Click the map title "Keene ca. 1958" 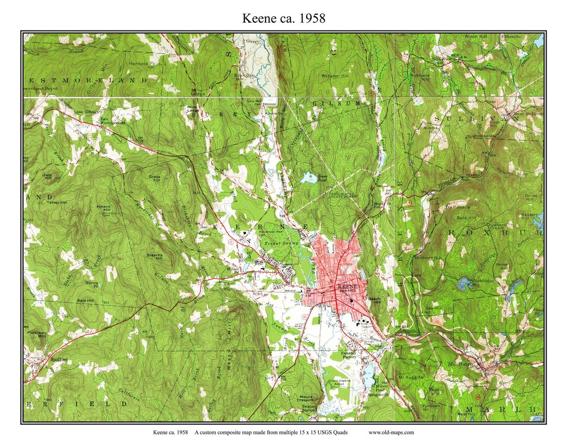click(283, 18)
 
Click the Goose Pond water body click(307, 179)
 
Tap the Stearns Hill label click(155, 256)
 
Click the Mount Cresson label click(306, 399)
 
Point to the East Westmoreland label click(113, 121)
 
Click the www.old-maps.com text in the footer click(391, 432)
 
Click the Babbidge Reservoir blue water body click(464, 284)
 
